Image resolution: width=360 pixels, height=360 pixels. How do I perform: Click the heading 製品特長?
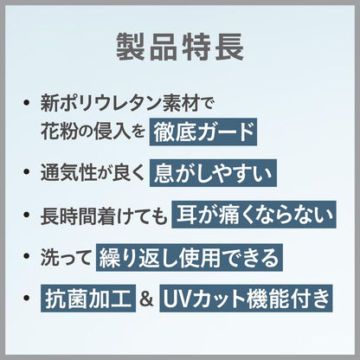click(x=180, y=47)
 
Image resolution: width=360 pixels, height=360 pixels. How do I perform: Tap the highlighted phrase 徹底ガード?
click(x=203, y=132)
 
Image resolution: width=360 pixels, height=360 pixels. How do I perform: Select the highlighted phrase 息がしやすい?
click(x=213, y=173)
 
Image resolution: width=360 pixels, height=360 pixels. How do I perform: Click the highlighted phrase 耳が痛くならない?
click(x=254, y=215)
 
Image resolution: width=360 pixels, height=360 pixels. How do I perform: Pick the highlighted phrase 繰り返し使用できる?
click(x=190, y=257)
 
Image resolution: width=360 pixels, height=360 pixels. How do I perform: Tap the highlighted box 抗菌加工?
click(x=88, y=299)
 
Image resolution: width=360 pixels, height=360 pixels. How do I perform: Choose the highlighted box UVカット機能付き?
click(x=246, y=299)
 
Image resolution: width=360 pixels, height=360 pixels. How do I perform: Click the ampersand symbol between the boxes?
click(x=147, y=299)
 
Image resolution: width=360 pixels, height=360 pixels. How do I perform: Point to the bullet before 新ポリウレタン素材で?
click(x=27, y=103)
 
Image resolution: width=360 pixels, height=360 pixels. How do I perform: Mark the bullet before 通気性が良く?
click(x=27, y=172)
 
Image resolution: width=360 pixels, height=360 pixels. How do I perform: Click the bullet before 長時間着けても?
click(x=27, y=215)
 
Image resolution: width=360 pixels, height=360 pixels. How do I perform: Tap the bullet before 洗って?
click(x=27, y=255)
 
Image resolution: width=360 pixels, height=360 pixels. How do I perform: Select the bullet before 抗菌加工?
click(x=27, y=299)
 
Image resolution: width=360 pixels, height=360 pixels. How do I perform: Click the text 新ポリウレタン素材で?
click(x=126, y=103)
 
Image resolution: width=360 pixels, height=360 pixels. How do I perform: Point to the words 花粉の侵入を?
click(x=93, y=132)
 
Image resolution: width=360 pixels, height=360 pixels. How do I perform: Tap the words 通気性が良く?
click(x=92, y=173)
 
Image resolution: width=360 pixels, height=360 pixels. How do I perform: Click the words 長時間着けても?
click(x=104, y=215)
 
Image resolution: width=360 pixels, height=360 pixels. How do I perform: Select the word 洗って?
click(x=66, y=257)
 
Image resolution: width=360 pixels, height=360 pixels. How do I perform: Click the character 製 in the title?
click(x=131, y=47)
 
